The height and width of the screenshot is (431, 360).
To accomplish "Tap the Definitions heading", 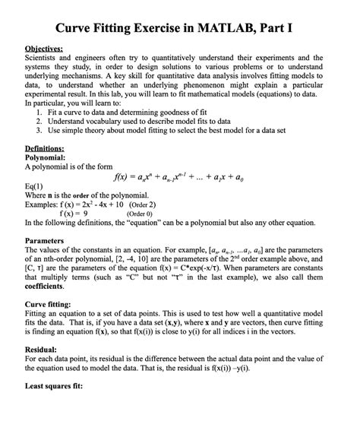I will (x=45, y=148).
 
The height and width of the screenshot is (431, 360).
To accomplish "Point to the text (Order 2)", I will (x=142, y=204).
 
